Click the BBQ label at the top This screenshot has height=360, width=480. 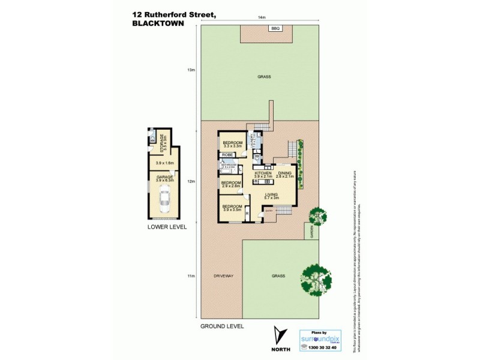click(275, 29)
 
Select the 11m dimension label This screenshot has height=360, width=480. click(191, 276)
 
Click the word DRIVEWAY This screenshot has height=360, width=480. click(223, 275)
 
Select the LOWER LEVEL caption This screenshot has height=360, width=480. click(167, 227)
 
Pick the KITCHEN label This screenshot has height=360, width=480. click(263, 173)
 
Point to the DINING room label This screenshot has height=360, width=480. click(285, 173)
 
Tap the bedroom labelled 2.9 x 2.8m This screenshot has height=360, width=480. click(231, 184)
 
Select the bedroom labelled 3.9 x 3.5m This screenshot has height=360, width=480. click(232, 208)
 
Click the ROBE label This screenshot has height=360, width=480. click(227, 155)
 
